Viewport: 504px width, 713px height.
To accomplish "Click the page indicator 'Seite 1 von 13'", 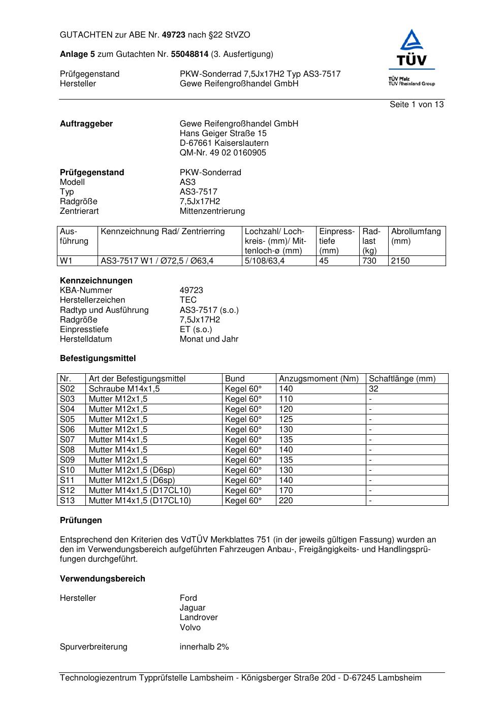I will coord(416,105).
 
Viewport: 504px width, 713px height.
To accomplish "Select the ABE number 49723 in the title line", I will coord(173,35).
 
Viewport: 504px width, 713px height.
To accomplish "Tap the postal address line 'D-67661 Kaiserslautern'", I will coord(224,143).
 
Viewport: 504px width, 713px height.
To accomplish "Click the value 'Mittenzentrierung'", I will coord(212,211).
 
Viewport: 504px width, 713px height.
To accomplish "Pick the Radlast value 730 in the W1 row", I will coord(369,261).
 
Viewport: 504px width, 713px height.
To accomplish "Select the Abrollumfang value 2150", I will coord(400,261).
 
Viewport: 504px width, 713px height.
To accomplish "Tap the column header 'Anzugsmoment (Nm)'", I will coord(319,379).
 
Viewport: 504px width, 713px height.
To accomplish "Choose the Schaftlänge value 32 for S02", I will coord(373,389).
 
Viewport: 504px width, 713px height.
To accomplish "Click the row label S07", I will coord(67,440).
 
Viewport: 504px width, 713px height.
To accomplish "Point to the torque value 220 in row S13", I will coord(286,501).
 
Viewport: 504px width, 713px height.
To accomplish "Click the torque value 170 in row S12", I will coord(286,491).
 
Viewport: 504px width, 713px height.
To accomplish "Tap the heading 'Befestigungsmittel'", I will coord(98,359).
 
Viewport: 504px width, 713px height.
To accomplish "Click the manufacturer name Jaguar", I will coord(193,608).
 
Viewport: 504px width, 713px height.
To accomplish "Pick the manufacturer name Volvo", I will coord(190,628).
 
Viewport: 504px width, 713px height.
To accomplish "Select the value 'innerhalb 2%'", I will coord(204,647).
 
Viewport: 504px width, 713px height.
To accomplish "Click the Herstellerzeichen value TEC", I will coord(188,300).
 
